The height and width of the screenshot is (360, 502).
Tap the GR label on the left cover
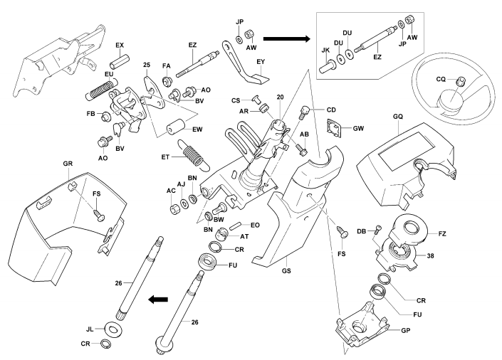pos(68,163)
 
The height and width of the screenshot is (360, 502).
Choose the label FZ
pos(442,233)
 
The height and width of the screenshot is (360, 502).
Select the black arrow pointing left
pos(159,300)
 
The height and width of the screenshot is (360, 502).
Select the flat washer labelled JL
pos(113,329)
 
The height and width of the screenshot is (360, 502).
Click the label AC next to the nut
pos(172,191)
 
